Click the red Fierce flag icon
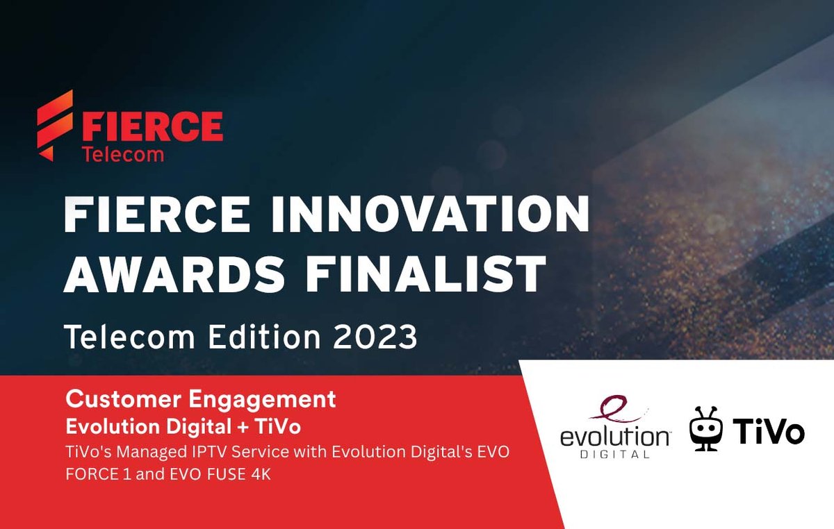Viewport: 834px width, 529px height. [x=55, y=126]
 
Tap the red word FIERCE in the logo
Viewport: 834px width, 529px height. [x=152, y=126]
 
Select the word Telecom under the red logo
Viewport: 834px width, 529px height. [x=123, y=154]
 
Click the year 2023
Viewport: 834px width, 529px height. [x=375, y=337]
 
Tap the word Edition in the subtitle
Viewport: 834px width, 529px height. [x=264, y=337]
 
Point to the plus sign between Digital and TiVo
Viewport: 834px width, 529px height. [x=243, y=428]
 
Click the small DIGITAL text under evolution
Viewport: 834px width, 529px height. [x=615, y=454]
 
